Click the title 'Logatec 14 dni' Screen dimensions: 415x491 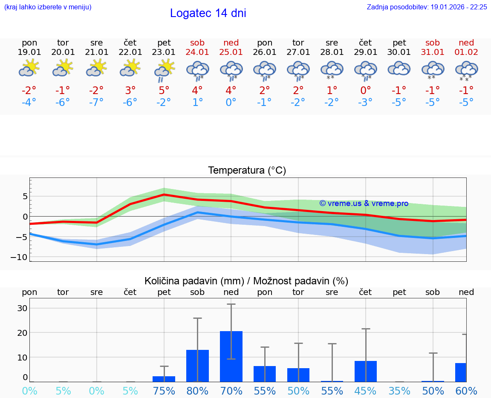point(208,13)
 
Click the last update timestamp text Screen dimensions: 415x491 point(427,7)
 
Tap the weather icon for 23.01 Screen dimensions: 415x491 point(164,70)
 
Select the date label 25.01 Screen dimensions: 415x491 point(231,52)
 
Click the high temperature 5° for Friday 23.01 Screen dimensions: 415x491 point(164,90)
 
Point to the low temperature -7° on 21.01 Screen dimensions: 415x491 point(97,103)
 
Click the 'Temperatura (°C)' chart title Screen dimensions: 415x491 point(247,171)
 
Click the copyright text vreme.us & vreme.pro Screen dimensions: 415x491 point(364,203)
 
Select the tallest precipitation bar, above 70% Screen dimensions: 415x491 point(231,357)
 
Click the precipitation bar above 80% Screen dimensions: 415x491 point(197,366)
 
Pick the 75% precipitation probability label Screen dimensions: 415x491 point(164,391)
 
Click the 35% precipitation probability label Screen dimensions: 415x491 point(399,391)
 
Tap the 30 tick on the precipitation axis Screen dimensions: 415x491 point(22,308)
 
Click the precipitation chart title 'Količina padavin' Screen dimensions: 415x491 point(246,281)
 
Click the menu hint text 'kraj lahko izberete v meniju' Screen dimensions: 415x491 point(47,7)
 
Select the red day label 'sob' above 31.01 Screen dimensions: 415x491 point(433,43)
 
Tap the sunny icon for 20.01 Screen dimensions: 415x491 point(63,68)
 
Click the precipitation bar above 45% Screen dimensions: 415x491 point(366,371)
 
